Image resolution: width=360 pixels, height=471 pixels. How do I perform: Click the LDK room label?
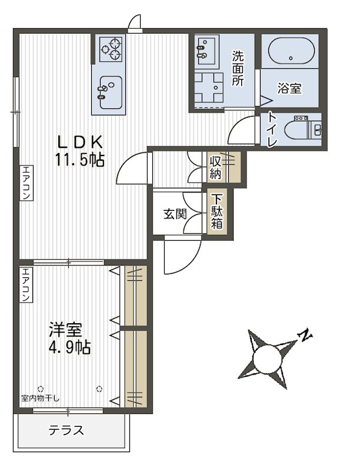(80, 142)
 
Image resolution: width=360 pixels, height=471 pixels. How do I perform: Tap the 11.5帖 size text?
(79, 160)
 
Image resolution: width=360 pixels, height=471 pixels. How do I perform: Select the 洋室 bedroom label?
(66, 330)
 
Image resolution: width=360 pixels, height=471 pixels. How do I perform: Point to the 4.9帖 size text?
(69, 347)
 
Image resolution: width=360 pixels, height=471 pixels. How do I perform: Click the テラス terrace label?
(66, 430)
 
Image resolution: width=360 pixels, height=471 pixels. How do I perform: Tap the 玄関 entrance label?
(175, 214)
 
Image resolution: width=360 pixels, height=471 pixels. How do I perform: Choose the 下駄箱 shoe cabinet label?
(216, 212)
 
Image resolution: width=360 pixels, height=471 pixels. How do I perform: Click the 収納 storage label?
(215, 168)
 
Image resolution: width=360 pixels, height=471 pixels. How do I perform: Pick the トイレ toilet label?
(272, 130)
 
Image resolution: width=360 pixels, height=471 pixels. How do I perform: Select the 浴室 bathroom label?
(289, 88)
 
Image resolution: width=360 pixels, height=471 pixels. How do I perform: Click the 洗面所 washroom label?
(238, 68)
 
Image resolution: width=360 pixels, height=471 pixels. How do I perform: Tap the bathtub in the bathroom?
(291, 51)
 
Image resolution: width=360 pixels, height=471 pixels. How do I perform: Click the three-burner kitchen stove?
(111, 49)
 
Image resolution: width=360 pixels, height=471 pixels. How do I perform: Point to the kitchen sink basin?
(111, 92)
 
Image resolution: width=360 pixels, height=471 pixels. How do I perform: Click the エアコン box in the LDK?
(26, 183)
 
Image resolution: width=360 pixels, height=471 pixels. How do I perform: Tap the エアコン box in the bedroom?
(26, 285)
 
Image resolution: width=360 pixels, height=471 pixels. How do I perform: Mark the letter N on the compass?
(305, 335)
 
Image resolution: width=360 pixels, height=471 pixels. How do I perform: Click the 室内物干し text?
(40, 399)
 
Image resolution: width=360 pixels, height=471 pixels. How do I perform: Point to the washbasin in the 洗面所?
(206, 49)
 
